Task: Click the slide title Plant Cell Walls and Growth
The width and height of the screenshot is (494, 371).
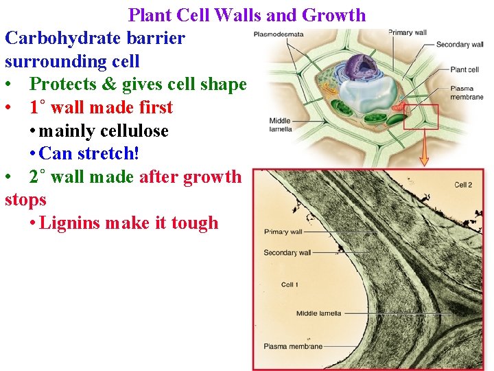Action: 247,14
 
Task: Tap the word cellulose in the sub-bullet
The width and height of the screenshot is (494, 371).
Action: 135,131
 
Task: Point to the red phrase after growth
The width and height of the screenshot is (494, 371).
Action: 190,177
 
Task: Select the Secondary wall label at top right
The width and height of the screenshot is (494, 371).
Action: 460,45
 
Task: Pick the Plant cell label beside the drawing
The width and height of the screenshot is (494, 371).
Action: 464,69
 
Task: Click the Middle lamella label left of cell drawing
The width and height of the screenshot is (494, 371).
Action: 281,124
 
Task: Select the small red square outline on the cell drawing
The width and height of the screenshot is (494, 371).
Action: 420,117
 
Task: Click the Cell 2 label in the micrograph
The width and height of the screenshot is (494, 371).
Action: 464,185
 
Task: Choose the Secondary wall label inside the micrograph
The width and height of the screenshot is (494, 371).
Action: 287,253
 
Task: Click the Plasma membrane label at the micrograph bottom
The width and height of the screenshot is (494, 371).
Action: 293,347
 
